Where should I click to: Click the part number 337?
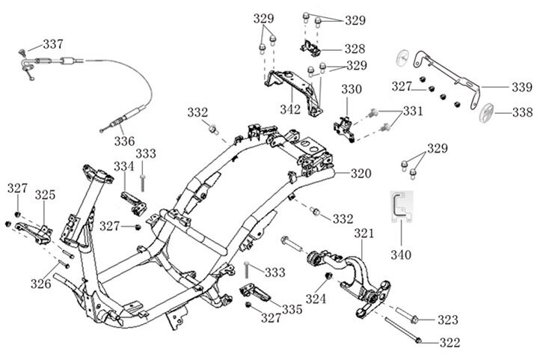(52, 43)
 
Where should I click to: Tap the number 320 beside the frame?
(361, 174)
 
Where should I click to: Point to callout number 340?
(401, 254)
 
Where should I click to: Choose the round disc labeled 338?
(488, 114)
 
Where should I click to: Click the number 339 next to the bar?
(522, 88)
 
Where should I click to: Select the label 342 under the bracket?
(290, 110)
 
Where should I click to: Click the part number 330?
(352, 89)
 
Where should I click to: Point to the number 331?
(412, 111)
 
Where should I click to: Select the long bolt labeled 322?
(404, 329)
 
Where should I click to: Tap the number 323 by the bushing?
(448, 320)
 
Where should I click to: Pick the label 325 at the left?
(45, 195)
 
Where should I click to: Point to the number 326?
(41, 283)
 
